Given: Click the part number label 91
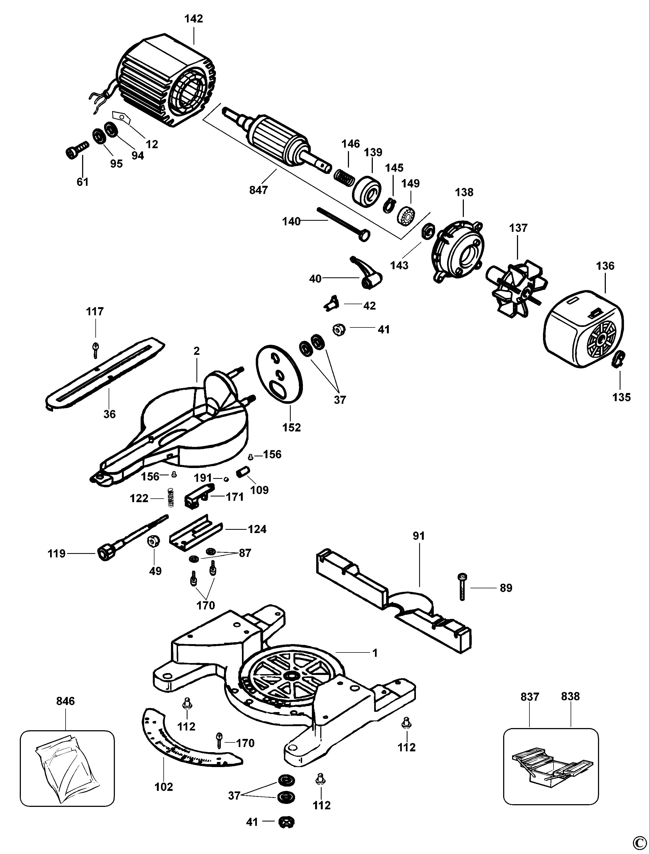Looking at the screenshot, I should (x=419, y=536).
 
